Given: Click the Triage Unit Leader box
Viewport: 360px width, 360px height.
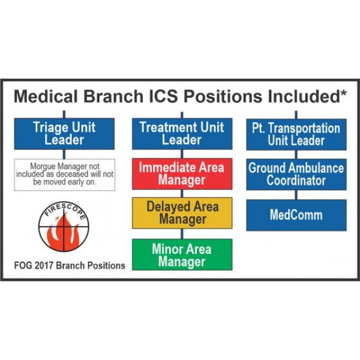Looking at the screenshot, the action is click(x=64, y=134).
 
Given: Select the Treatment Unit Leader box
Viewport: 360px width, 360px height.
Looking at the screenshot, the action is click(x=182, y=134).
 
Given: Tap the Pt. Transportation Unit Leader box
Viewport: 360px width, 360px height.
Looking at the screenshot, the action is click(x=296, y=134).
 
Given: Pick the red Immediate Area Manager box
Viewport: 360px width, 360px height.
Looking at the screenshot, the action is click(x=182, y=174).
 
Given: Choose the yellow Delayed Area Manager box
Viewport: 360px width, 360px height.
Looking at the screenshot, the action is click(x=182, y=213).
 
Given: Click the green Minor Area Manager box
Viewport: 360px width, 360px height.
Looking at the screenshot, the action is click(x=182, y=254).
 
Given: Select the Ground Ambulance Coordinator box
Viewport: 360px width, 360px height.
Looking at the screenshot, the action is click(x=296, y=175).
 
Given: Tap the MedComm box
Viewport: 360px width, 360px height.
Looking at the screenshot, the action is click(x=296, y=215).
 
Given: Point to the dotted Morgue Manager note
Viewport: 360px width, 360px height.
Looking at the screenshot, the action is click(x=65, y=175).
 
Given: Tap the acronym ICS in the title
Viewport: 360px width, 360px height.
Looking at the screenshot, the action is click(x=163, y=96).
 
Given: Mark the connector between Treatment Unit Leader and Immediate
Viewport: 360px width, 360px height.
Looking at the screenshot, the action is click(x=182, y=154).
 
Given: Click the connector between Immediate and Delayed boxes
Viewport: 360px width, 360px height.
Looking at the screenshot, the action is click(x=182, y=194).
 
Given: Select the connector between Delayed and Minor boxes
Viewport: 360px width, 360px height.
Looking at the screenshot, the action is click(x=182, y=234).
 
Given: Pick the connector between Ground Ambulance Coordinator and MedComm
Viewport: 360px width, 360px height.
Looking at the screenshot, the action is click(x=296, y=195).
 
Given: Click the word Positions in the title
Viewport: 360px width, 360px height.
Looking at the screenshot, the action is click(x=223, y=96).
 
